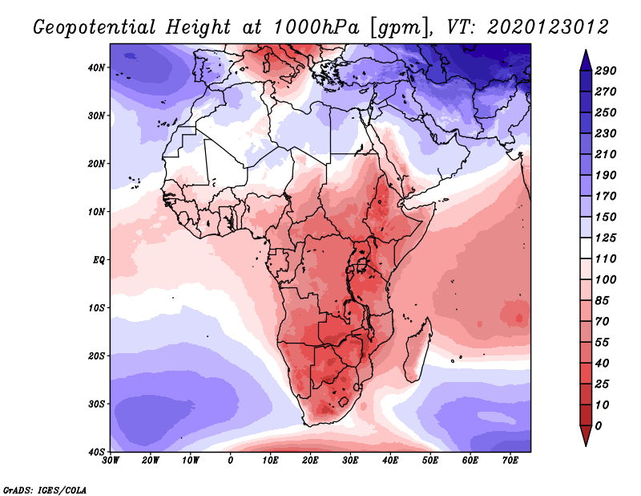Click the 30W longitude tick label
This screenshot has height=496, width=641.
111,461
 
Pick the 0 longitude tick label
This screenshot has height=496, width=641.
231,461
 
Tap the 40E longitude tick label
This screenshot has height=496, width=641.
390,461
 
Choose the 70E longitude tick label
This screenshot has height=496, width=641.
510,461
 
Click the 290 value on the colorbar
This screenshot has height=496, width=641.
605,71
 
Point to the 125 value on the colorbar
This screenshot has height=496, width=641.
605,238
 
